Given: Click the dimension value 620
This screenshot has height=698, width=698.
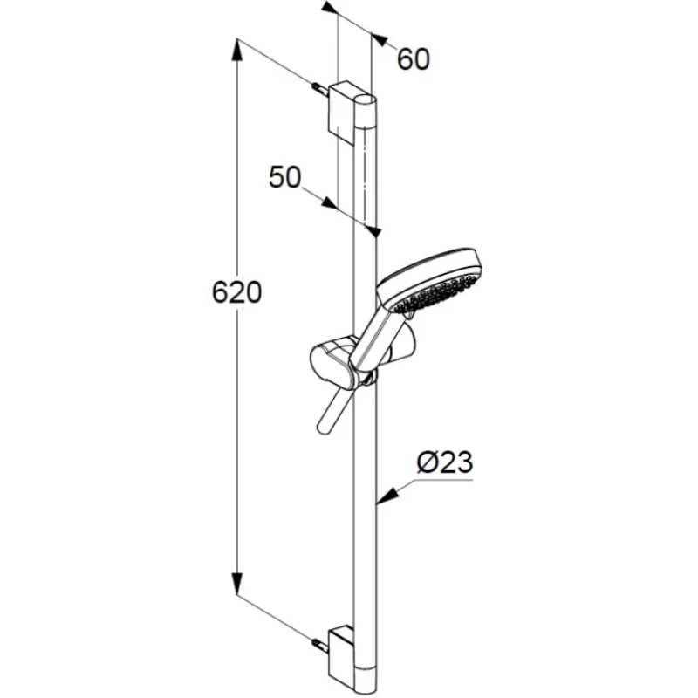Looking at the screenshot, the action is [x=236, y=292].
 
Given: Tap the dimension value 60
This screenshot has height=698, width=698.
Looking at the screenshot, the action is [x=413, y=59].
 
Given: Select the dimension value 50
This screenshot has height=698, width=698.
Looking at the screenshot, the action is [x=285, y=177].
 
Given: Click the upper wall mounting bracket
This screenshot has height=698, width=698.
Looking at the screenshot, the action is [x=344, y=112].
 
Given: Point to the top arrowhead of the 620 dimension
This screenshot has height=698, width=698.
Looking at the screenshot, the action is [x=237, y=51].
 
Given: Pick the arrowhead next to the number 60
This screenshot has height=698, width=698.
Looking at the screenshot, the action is [x=379, y=39].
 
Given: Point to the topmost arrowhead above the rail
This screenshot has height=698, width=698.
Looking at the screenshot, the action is [x=329, y=8].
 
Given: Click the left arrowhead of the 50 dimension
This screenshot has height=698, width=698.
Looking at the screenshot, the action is [x=330, y=204].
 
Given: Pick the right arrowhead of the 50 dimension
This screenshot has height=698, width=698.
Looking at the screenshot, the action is [x=374, y=230].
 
